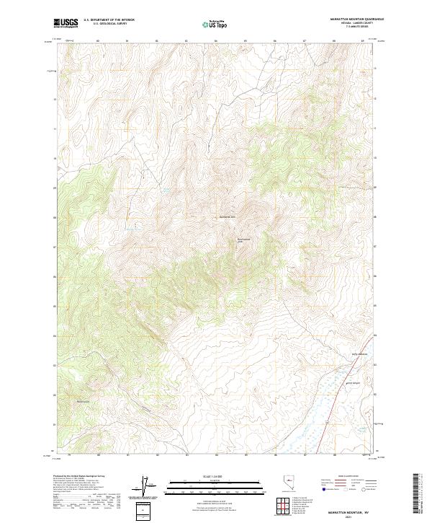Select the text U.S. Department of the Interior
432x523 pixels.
(x=109, y=20)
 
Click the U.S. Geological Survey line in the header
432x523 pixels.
(x=109, y=24)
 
